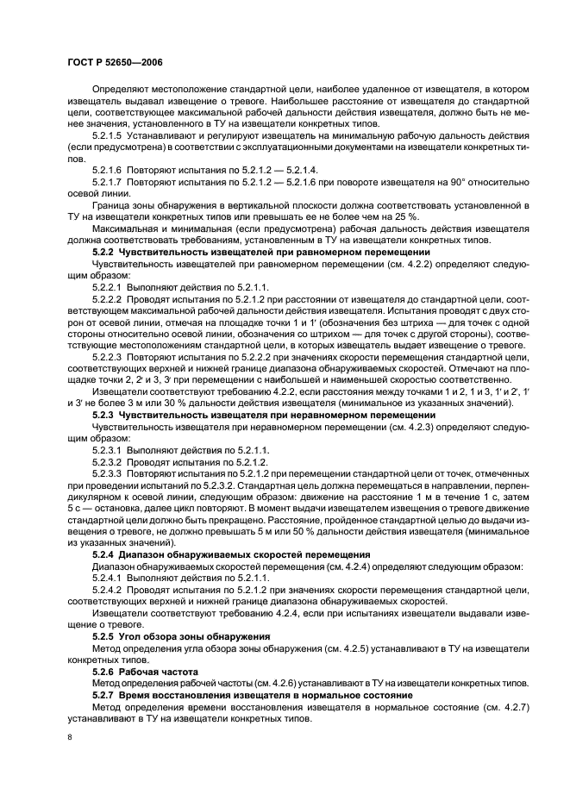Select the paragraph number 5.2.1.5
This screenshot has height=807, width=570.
tap(109, 137)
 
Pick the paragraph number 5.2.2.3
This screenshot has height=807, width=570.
tap(109, 354)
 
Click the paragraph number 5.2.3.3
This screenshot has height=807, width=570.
tap(109, 472)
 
